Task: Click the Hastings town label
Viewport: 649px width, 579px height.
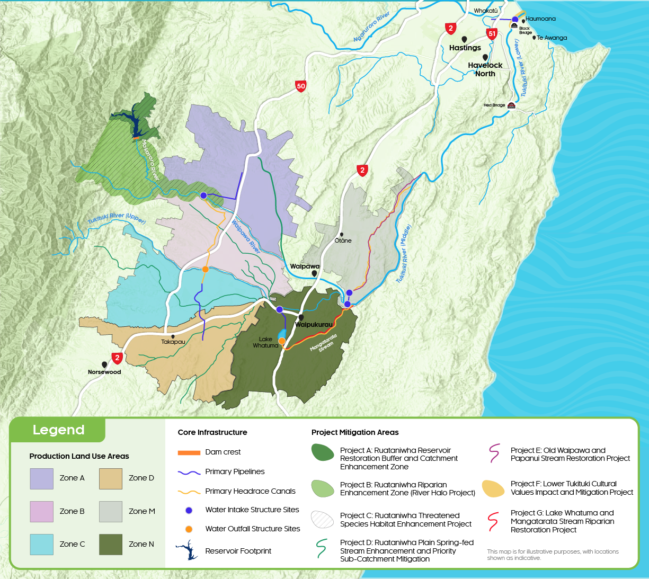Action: (x=465, y=48)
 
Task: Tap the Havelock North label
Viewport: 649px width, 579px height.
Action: (x=485, y=69)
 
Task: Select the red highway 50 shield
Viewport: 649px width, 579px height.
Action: (x=301, y=86)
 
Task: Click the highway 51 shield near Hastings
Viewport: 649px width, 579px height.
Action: (x=492, y=34)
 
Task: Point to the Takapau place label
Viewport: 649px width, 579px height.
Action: (x=173, y=342)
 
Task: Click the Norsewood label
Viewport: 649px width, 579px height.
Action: (x=104, y=372)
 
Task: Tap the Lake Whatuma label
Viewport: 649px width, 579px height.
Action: (x=265, y=342)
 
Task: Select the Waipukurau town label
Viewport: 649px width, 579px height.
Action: (x=314, y=325)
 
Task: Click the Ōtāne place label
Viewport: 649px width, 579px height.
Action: (x=343, y=240)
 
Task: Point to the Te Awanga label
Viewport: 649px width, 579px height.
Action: (x=552, y=38)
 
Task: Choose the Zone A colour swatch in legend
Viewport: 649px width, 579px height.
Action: (x=41, y=478)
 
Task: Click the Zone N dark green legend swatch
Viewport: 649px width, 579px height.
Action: (x=111, y=545)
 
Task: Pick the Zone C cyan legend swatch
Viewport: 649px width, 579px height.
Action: (x=41, y=545)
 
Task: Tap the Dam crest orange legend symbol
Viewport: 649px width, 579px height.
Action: (x=189, y=452)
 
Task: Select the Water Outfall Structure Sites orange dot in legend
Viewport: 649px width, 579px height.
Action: (x=189, y=529)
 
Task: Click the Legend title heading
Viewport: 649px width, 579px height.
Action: (x=58, y=430)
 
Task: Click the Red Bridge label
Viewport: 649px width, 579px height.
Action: (x=494, y=105)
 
